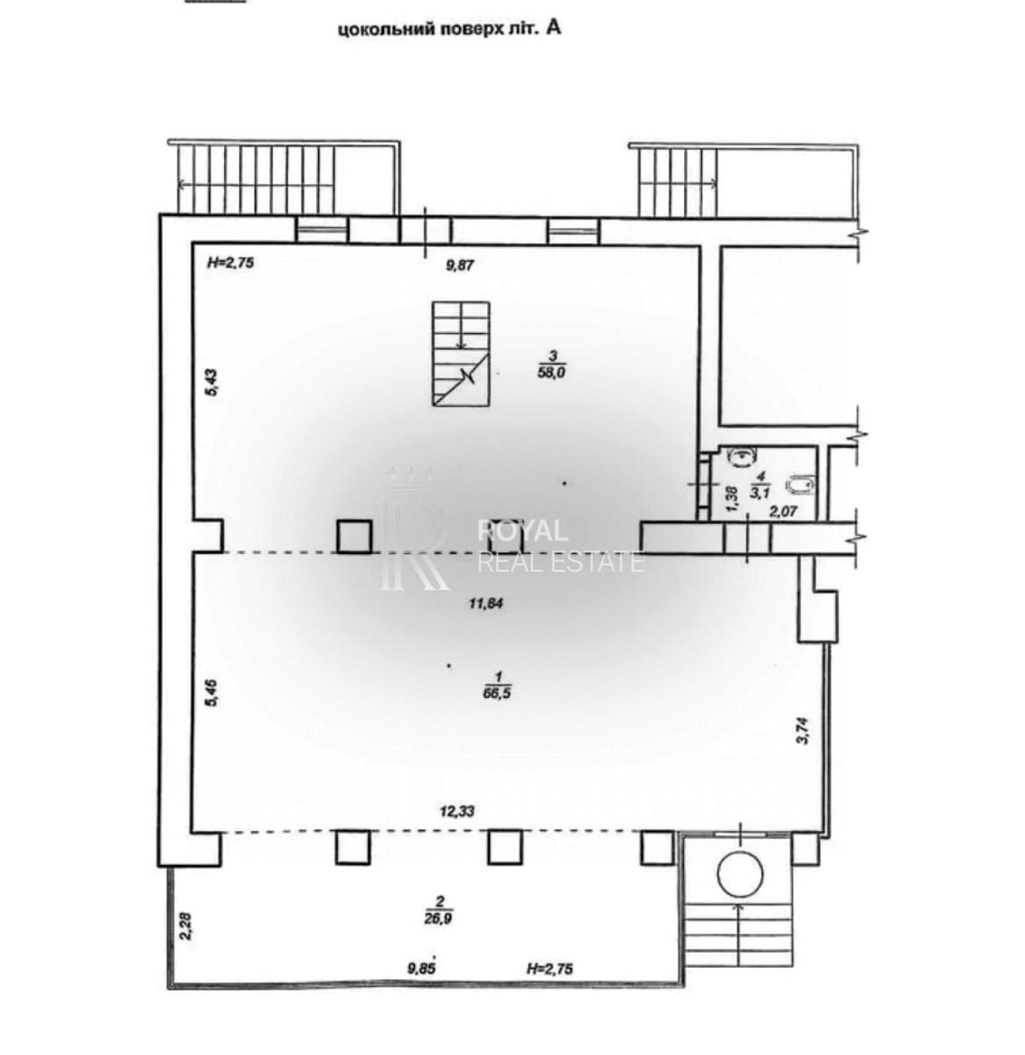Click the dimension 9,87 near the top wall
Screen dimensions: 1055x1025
tap(459, 265)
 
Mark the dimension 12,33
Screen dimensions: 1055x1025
tap(457, 812)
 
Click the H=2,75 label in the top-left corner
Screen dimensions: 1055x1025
tap(230, 261)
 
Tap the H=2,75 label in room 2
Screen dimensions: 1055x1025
tap(550, 968)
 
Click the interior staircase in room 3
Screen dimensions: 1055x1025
tap(460, 353)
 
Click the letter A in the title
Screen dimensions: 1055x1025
tap(554, 27)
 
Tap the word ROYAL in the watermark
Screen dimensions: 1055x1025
tap(522, 530)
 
